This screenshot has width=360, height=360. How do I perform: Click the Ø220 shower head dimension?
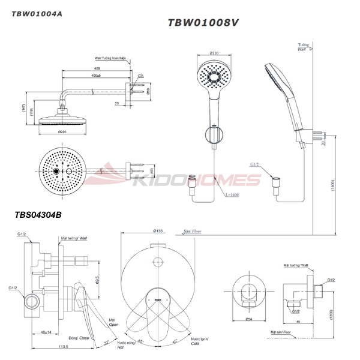[x=62, y=131]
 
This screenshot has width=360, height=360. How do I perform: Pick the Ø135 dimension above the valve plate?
[x=158, y=230]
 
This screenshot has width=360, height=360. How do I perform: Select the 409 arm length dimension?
[x=97, y=70]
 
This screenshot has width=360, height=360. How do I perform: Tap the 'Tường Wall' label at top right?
[x=304, y=48]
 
